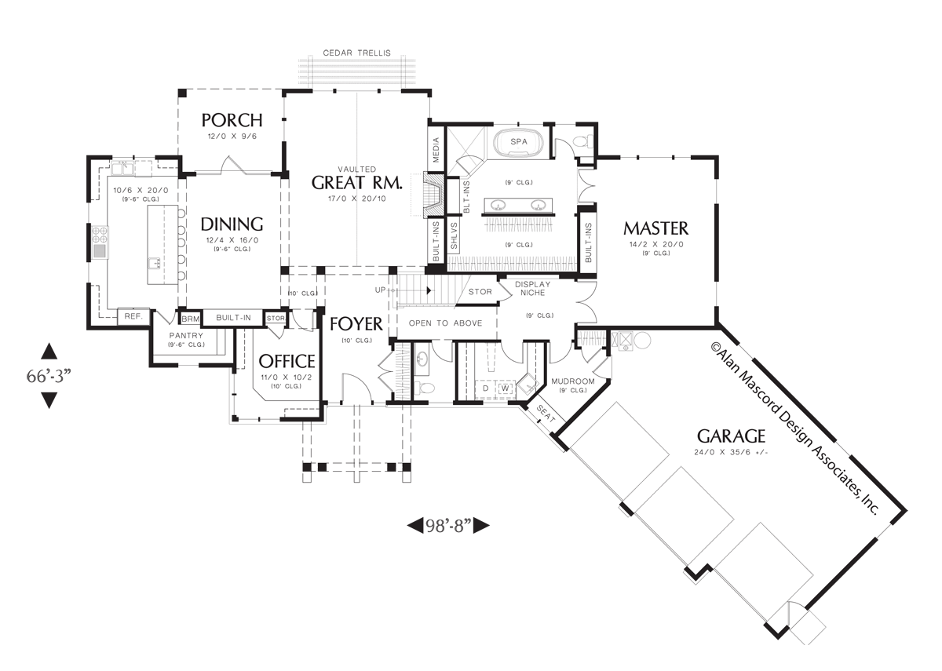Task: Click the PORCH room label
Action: click(x=232, y=120)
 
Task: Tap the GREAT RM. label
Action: click(x=357, y=183)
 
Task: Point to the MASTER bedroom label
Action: click(x=655, y=228)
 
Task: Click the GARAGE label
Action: click(x=730, y=436)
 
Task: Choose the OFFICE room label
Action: click(x=287, y=361)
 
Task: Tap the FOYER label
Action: click(x=356, y=324)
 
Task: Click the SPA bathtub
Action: click(x=518, y=142)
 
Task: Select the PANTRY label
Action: click(x=186, y=336)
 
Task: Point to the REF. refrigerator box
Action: click(x=132, y=316)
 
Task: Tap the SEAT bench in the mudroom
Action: click(x=545, y=414)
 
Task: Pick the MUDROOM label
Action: click(x=569, y=381)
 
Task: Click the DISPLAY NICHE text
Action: click(x=534, y=290)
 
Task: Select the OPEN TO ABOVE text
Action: click(x=445, y=323)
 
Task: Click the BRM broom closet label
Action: click(x=191, y=319)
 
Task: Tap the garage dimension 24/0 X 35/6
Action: click(x=730, y=452)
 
